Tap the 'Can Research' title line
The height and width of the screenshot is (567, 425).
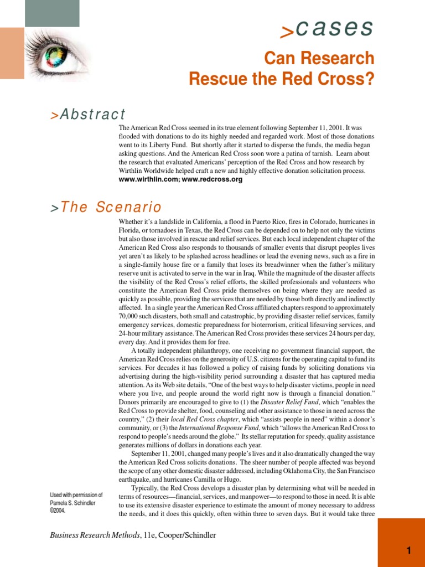click(x=319, y=58)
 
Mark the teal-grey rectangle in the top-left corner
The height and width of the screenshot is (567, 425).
click(x=52, y=13)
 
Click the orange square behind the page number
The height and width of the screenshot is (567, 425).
click(x=401, y=543)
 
